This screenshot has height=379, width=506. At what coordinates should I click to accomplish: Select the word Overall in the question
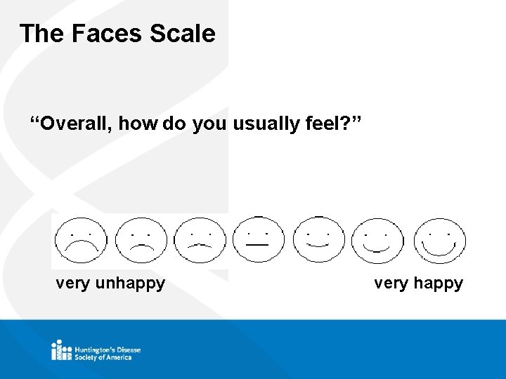tap(77, 124)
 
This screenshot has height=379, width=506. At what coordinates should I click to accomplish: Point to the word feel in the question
tap(327, 124)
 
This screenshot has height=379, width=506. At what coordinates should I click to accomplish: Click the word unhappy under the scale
tap(130, 284)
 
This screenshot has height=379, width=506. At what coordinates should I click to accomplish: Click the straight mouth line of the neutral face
tap(257, 245)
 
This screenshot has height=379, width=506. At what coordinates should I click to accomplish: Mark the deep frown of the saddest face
tap(82, 245)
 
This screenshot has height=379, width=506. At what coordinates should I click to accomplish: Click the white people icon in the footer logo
tap(61, 350)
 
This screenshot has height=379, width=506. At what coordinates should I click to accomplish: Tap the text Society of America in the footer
tap(103, 357)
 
